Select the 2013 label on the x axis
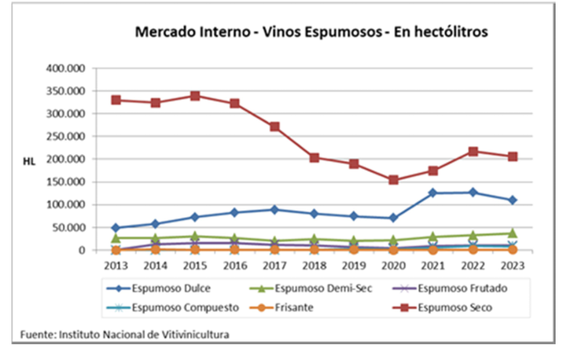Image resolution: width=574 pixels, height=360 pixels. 116,266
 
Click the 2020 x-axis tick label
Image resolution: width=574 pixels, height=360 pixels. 394,266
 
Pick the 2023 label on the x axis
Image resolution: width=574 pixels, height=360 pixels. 513,266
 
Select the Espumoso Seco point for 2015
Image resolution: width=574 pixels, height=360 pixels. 195,96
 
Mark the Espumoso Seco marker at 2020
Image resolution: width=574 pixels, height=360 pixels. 394,180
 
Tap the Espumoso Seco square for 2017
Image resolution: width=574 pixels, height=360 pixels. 274,127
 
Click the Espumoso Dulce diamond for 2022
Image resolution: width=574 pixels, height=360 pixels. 473,192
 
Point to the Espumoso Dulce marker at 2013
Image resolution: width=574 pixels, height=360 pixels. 116,228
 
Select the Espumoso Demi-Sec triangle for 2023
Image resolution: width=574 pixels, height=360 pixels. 513,233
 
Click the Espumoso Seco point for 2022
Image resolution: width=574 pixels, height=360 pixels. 473,151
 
